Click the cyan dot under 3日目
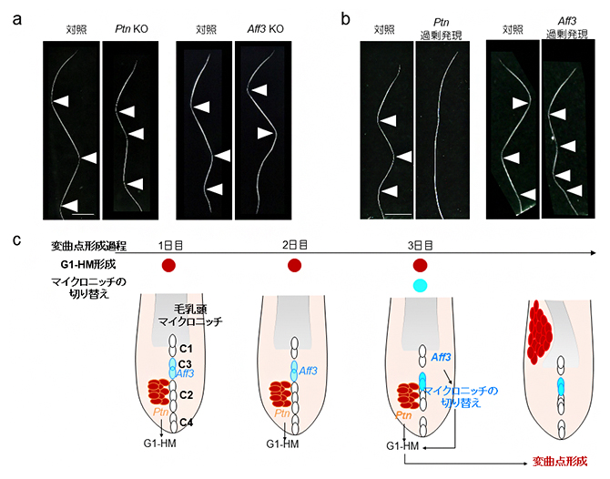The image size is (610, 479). [420, 286]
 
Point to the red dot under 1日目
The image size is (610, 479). [168, 266]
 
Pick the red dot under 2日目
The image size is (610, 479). [294, 266]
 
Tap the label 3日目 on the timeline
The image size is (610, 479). [421, 246]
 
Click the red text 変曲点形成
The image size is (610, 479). [557, 463]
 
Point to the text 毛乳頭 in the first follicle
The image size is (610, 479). [186, 311]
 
